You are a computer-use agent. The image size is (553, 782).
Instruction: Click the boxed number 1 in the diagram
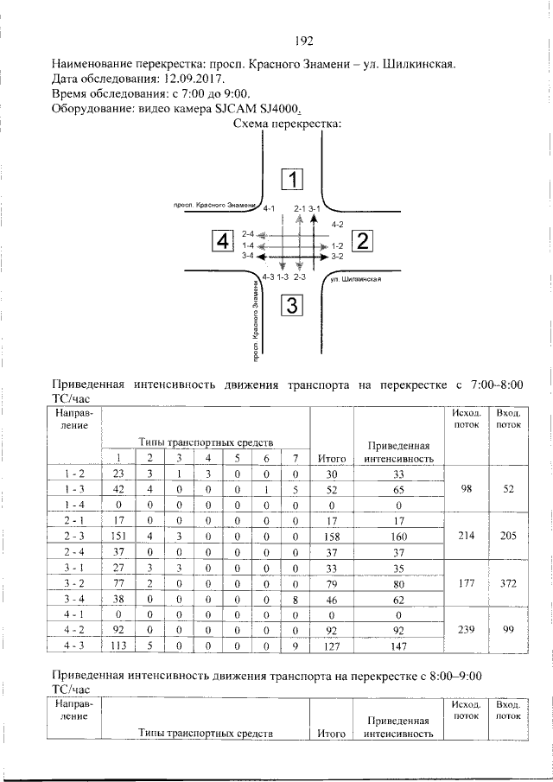pyautogui.click(x=294, y=180)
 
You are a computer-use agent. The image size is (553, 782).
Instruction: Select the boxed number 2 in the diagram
pyautogui.click(x=362, y=241)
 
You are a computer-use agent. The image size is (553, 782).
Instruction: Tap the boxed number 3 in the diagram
pyautogui.click(x=292, y=305)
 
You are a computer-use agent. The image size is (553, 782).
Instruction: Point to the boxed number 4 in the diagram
pyautogui.click(x=224, y=241)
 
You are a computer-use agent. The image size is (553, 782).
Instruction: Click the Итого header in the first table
pyautogui.click(x=332, y=458)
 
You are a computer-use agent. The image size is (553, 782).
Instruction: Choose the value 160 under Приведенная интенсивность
pyautogui.click(x=398, y=536)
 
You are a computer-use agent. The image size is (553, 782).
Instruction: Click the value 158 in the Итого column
pyautogui.click(x=332, y=536)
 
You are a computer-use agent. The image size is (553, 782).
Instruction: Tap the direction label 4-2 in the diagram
pyautogui.click(x=337, y=225)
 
